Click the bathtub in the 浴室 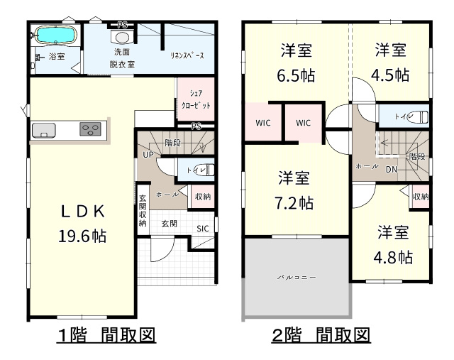tap(55, 35)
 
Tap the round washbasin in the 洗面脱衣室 tap(122, 38)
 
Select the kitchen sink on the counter tap(44, 130)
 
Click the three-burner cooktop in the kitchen tap(90, 129)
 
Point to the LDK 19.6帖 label tap(82, 223)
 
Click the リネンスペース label tap(187, 55)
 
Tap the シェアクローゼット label tap(196, 99)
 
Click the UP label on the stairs tap(148, 155)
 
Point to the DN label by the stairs tap(392, 170)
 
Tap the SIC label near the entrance tap(202, 229)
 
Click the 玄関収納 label tap(143, 210)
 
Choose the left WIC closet tap(263, 123)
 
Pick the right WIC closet tap(304, 123)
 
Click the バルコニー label tap(297, 278)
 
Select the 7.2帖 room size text tap(294, 203)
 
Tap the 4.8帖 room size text tap(393, 257)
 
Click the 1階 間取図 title tap(106, 336)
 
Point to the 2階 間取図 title tap(321, 336)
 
